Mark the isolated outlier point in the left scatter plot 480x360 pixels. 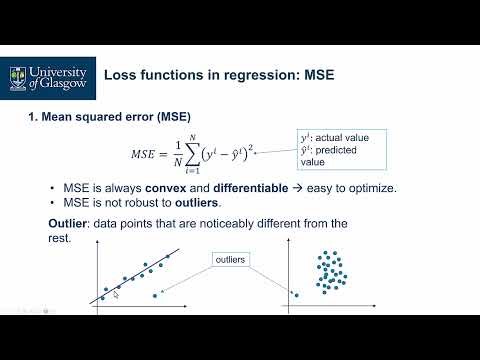coord(155,295)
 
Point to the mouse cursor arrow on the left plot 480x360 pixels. coord(116,291)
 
